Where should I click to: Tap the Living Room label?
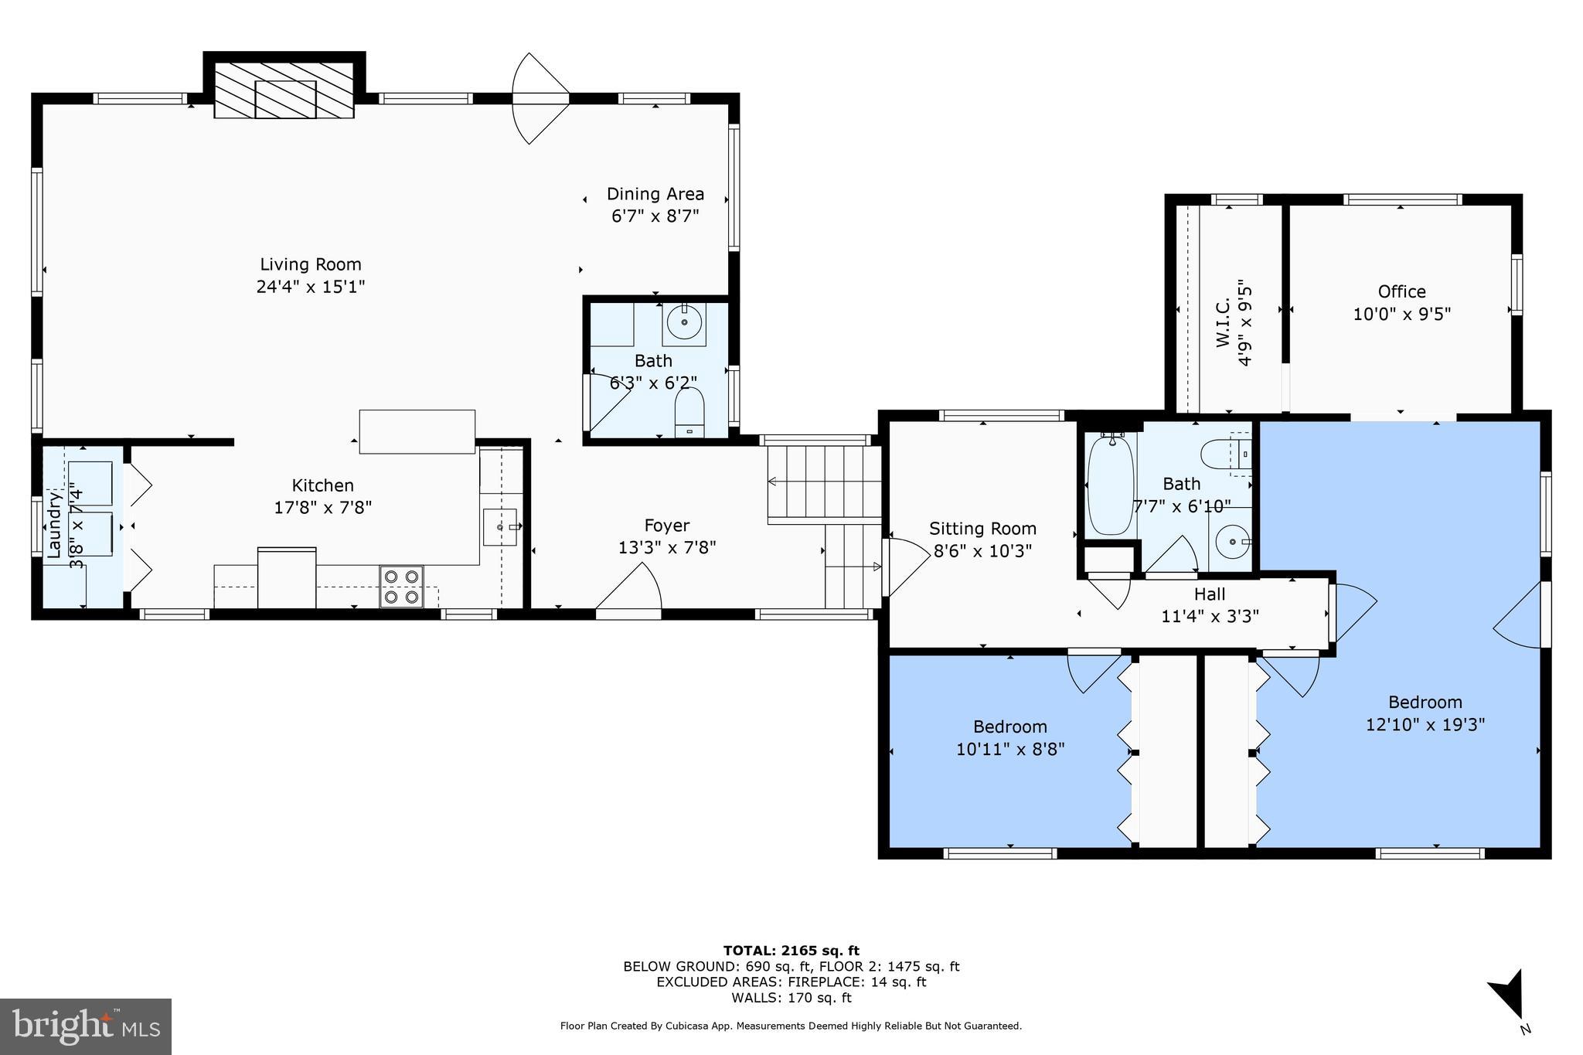coord(311,264)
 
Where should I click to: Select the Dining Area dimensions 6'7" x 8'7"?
coord(655,216)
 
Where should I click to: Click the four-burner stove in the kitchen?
coord(401,586)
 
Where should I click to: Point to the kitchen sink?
coord(500,527)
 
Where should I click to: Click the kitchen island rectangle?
coord(417,431)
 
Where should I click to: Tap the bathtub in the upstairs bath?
coord(1110,486)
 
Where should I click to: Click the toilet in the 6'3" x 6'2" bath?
coord(689,411)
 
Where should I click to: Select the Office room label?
coord(1401,291)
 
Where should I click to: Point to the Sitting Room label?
coord(982,529)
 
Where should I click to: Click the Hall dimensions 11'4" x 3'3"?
coord(1210,616)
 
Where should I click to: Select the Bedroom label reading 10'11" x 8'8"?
coord(1010,727)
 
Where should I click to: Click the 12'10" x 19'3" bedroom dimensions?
coord(1425,725)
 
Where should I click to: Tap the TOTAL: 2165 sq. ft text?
coord(791,951)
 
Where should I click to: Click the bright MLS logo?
coord(86,1026)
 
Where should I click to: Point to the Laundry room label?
coord(54,525)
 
